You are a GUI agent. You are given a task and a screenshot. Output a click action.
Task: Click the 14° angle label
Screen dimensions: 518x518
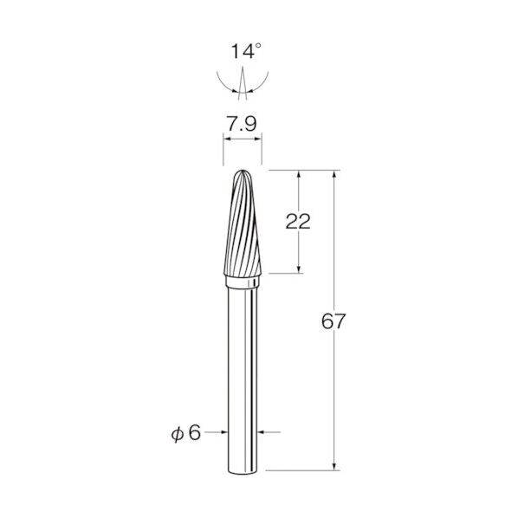tap(246, 51)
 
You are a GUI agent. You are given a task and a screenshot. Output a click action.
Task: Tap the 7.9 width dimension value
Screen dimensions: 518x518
tap(242, 124)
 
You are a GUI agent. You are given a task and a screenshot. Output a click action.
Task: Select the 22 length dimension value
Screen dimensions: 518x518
tap(298, 222)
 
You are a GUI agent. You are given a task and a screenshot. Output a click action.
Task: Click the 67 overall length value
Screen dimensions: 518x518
tap(333, 321)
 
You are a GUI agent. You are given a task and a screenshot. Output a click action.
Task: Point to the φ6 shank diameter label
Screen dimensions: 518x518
tap(186, 432)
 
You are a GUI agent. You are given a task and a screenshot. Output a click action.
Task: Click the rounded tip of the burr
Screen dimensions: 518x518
tap(243, 171)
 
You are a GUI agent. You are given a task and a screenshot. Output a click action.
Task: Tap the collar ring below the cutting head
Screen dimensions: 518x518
tap(243, 282)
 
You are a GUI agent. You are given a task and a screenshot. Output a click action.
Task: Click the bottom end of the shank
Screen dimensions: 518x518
tap(243, 473)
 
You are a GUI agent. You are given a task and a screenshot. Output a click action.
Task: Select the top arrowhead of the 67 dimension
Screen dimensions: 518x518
tap(334, 174)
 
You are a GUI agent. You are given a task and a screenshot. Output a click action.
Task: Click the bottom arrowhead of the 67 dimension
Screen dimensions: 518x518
tap(334, 466)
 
